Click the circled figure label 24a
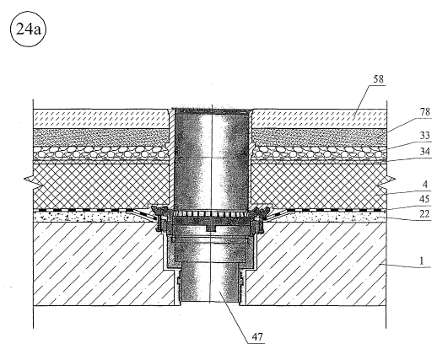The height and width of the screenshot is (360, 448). pos(28,30)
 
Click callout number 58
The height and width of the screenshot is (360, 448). pos(378,78)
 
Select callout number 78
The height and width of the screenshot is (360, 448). pos(425,112)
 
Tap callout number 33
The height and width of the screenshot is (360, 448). pos(425,136)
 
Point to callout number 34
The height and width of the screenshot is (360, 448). pos(425,152)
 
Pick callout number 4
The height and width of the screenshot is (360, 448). pos(425,185)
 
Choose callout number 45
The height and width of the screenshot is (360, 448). pos(425,199)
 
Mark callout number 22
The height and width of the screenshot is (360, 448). pos(425,214)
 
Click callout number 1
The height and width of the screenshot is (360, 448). pos(422,261)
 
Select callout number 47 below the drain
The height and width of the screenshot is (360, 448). pos(257,337)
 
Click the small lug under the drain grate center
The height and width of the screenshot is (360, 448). pos(212,228)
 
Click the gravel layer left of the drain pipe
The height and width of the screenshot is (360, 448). pos(100,153)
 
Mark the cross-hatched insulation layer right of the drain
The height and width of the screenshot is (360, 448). pos(319,186)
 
